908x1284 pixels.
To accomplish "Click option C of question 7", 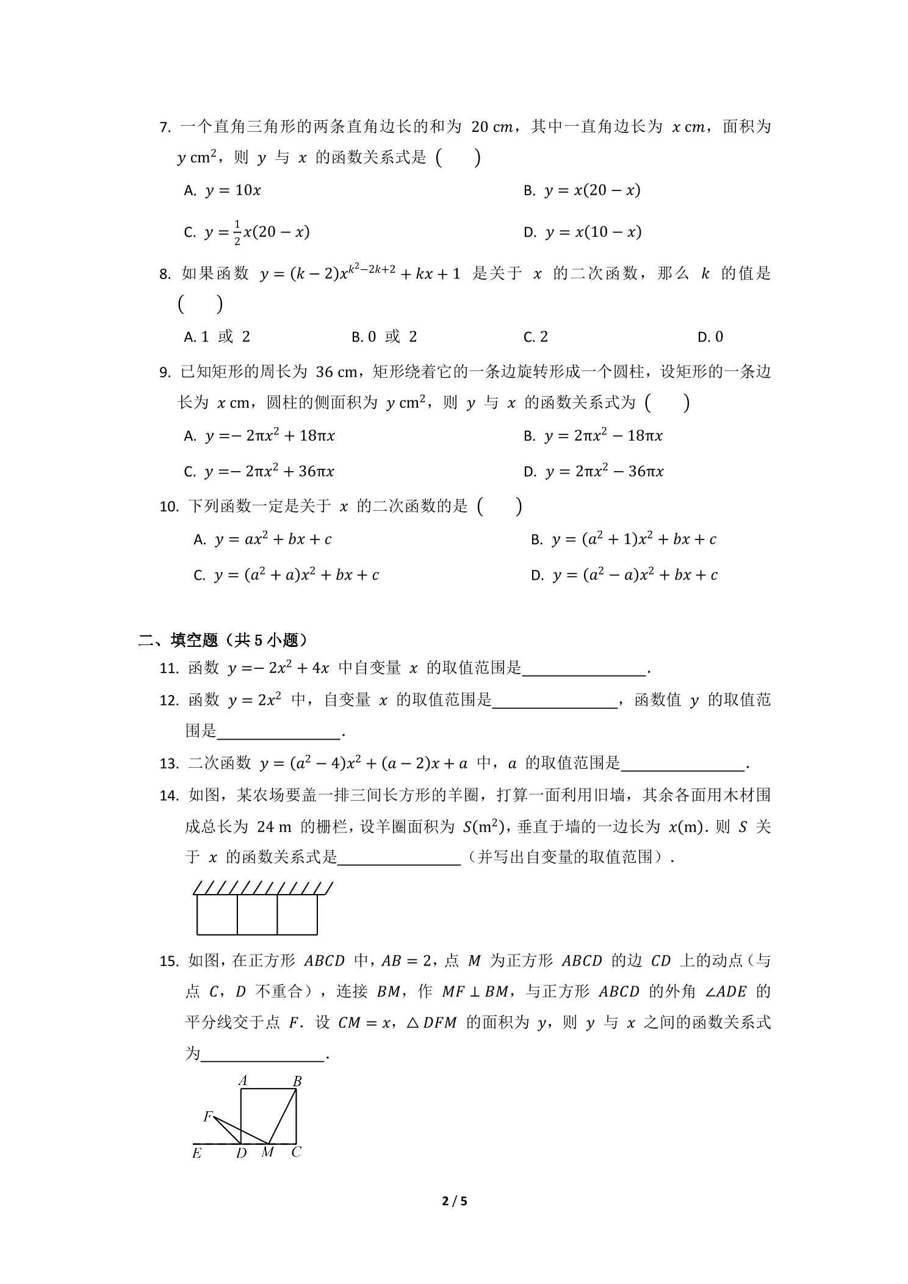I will click(x=247, y=233).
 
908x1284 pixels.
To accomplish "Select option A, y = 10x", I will click(x=222, y=190).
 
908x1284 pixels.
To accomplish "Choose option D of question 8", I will click(x=710, y=337).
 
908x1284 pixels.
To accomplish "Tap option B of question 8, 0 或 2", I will click(x=384, y=337).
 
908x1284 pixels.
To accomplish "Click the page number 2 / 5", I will click(x=454, y=1202).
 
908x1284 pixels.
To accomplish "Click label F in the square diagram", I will click(x=207, y=1116).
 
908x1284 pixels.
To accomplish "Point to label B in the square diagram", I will click(x=297, y=1081).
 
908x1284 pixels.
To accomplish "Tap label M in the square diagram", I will click(x=267, y=1152).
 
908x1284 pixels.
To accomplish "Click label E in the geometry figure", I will click(x=196, y=1153).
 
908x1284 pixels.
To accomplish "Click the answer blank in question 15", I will click(x=262, y=1055).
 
